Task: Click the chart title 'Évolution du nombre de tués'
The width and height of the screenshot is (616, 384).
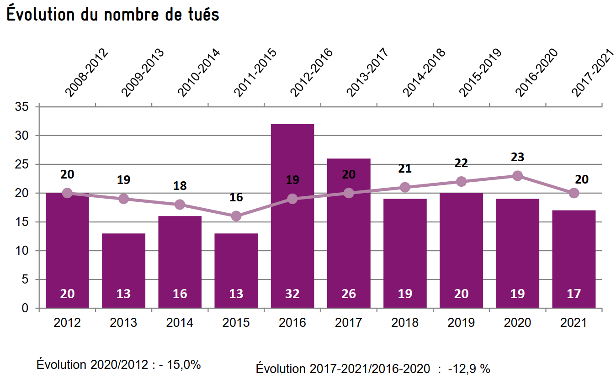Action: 113,14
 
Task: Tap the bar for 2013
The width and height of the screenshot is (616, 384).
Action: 123,269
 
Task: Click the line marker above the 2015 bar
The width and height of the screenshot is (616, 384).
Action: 236,216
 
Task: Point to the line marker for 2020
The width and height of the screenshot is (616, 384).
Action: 517,176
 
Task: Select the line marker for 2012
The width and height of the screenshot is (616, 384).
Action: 67,193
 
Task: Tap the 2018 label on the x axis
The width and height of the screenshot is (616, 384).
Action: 405,323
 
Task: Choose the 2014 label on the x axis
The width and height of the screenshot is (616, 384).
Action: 180,323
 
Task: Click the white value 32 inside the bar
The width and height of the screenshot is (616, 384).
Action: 292,294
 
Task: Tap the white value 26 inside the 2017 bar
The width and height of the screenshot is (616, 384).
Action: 349,294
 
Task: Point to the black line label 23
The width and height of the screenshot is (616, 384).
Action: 518,157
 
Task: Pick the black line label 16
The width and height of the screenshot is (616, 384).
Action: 236,198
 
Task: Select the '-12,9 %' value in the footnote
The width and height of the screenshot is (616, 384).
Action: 470,369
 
